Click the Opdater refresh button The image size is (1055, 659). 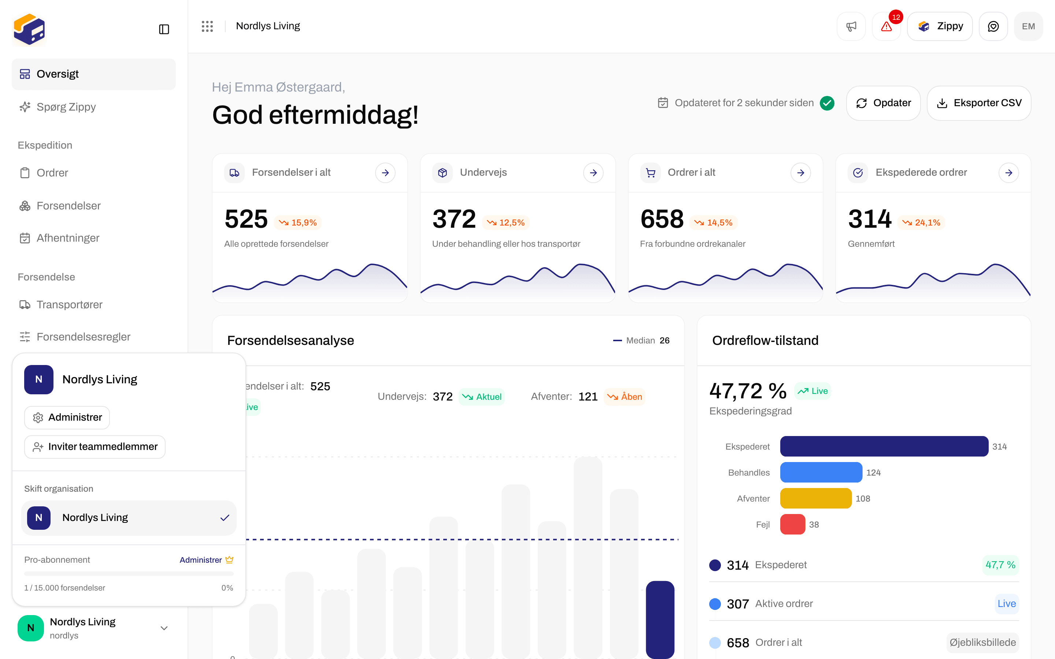click(x=883, y=103)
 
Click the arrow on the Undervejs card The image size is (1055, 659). click(x=593, y=172)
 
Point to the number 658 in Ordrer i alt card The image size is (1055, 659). click(x=662, y=219)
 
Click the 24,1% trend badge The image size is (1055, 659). click(x=921, y=223)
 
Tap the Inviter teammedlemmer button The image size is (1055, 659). click(x=95, y=447)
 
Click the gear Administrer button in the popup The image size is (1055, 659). click(x=67, y=417)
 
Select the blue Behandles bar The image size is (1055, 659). click(x=821, y=472)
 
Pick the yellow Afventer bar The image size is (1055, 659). click(x=816, y=498)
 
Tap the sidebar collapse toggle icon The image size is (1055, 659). click(x=164, y=29)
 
